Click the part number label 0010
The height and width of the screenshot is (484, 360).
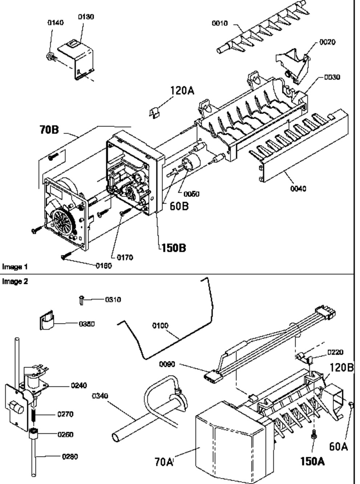pyautogui.click(x=219, y=23)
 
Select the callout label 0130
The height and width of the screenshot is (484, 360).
pyautogui.click(x=86, y=17)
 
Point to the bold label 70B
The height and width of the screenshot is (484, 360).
pyautogui.click(x=49, y=130)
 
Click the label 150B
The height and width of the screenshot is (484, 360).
pyautogui.click(x=174, y=248)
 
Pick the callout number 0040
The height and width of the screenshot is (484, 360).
pyautogui.click(x=298, y=188)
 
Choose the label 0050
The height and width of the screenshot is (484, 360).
pyautogui.click(x=192, y=194)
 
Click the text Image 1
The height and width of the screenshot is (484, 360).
pyautogui.click(x=15, y=267)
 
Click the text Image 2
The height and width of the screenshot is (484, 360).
pyautogui.click(x=15, y=281)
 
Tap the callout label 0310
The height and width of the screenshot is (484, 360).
pyautogui.click(x=113, y=300)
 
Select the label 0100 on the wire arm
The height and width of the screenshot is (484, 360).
pyautogui.click(x=160, y=325)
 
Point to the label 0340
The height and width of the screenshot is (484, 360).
pyautogui.click(x=100, y=396)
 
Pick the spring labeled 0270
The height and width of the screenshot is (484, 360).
pyautogui.click(x=34, y=414)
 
